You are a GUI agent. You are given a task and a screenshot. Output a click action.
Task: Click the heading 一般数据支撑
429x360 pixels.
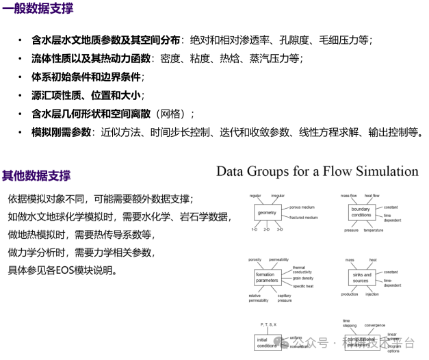[38, 10]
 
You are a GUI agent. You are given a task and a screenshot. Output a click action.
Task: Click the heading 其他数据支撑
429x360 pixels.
[36, 176]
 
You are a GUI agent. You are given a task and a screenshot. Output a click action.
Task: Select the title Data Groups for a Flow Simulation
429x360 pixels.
[317, 171]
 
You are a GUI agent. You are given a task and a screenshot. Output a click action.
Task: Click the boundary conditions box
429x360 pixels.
[361, 211]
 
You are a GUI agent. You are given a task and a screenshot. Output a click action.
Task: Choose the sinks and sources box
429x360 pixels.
[361, 278]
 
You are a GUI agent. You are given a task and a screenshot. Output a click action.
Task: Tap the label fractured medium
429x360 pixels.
[304, 218]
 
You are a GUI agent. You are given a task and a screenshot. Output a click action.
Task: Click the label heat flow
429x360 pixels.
[372, 196]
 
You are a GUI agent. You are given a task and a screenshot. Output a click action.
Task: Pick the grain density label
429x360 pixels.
[302, 279]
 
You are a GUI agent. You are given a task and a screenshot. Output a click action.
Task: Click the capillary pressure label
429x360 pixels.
[285, 298]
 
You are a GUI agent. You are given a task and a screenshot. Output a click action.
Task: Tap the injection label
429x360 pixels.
[372, 294]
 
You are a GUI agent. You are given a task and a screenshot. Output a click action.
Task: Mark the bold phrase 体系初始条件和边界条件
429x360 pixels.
[86, 77]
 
